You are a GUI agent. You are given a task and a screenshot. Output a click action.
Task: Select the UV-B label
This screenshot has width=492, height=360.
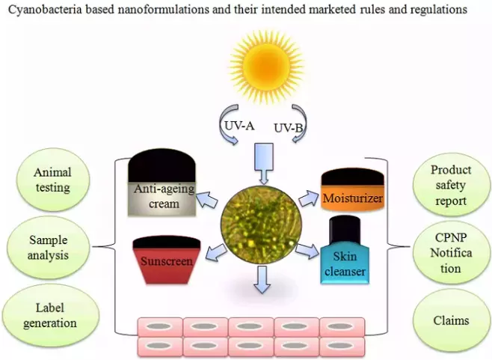pos(289,128)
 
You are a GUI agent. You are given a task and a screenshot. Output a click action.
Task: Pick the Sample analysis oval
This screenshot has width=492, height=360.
pos(49,248)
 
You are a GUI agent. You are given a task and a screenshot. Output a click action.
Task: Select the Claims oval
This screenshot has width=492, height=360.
pos(450,320)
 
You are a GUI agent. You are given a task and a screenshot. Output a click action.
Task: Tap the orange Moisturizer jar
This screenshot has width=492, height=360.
pos(352,192)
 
